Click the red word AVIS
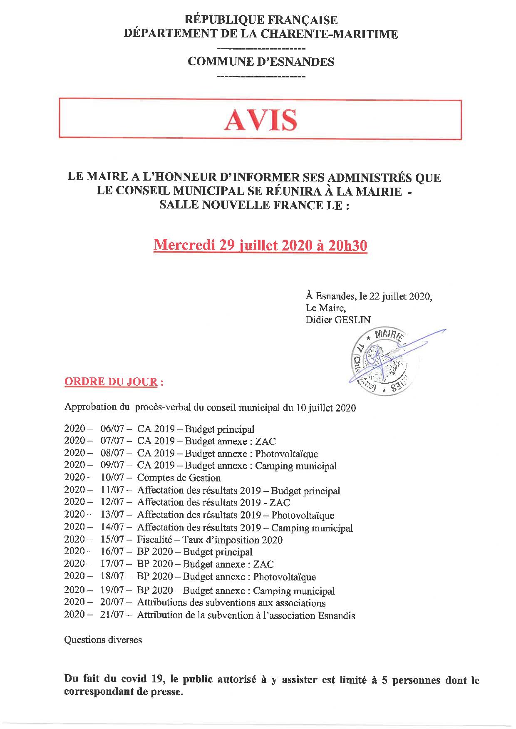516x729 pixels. [x=260, y=120]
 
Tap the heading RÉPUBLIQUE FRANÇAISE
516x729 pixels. [x=260, y=20]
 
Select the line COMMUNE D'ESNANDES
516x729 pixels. [x=261, y=62]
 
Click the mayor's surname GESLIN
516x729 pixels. [x=352, y=320]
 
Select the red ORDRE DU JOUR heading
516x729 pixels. [x=111, y=382]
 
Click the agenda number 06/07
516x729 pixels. [x=112, y=429]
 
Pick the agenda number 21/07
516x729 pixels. [x=112, y=615]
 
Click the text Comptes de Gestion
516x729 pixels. [x=179, y=478]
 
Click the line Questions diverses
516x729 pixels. [x=103, y=640]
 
